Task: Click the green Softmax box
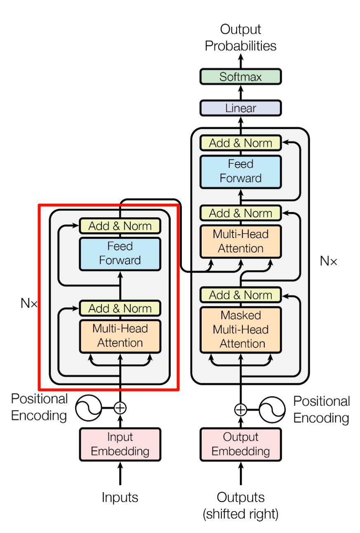click(x=240, y=77)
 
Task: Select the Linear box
click(x=240, y=108)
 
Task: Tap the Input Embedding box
click(x=120, y=444)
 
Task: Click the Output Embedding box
click(x=240, y=444)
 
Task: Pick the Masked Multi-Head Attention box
click(x=240, y=329)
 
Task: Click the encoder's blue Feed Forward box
click(x=120, y=254)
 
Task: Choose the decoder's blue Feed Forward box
click(x=240, y=171)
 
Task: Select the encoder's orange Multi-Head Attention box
click(x=120, y=336)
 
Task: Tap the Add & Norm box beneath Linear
click(x=240, y=143)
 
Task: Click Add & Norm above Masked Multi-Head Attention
click(x=240, y=295)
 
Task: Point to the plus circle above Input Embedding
click(x=120, y=408)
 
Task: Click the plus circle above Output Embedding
click(x=240, y=409)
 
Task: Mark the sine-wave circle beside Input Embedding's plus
click(x=89, y=408)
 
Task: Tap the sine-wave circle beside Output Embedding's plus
click(x=272, y=409)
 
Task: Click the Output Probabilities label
click(x=240, y=38)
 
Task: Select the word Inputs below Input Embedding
click(x=120, y=498)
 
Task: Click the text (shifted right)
click(x=240, y=514)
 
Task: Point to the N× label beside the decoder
click(x=328, y=261)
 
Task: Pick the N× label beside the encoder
click(x=29, y=304)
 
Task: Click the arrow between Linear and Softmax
click(x=240, y=92)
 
